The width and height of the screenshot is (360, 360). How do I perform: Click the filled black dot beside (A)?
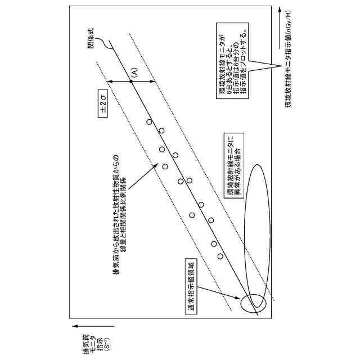click(x=131, y=82)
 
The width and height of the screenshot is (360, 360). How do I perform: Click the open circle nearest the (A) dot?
click(x=149, y=122)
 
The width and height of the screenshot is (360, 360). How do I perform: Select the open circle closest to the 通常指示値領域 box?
click(x=220, y=256)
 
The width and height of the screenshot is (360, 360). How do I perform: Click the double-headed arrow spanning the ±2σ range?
click(x=131, y=82)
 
